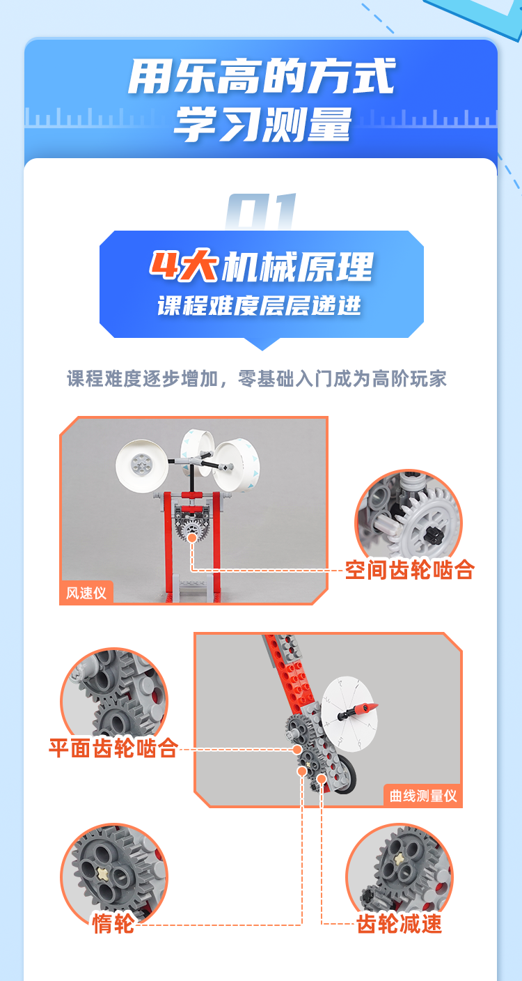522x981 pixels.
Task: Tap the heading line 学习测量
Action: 262,124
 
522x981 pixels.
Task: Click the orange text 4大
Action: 184,265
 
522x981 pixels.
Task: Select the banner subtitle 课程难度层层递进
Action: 260,305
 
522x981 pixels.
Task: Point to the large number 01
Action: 261,212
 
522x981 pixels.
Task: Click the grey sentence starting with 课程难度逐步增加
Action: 257,378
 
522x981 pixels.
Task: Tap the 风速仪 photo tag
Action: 86,593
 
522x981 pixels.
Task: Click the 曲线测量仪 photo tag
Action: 422,796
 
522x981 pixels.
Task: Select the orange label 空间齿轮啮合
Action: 409,570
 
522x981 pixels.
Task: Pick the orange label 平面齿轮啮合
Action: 113,748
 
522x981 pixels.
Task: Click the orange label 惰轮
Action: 113,924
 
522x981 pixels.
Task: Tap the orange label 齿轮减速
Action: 399,924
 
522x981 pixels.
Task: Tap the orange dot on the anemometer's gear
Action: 191,538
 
